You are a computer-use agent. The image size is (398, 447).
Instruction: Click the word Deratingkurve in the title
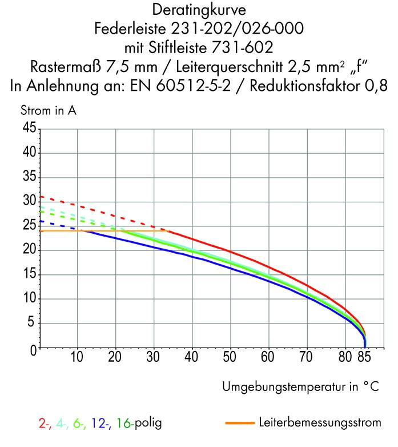[199, 10]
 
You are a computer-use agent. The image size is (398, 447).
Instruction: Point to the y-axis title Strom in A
[49, 111]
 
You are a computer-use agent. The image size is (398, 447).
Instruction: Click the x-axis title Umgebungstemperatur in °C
[300, 386]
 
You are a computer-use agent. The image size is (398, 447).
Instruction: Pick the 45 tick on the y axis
[28, 129]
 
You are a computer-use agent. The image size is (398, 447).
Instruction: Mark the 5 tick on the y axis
[32, 324]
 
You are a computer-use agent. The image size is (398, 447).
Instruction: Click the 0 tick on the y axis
[32, 348]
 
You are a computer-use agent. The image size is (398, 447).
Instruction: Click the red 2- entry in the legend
[43, 424]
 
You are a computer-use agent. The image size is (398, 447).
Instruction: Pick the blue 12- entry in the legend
[99, 424]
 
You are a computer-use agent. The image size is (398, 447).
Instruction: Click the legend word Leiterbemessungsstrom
[319, 424]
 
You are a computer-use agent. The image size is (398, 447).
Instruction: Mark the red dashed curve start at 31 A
[41, 197]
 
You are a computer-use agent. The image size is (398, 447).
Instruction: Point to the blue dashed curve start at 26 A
[41, 221]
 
